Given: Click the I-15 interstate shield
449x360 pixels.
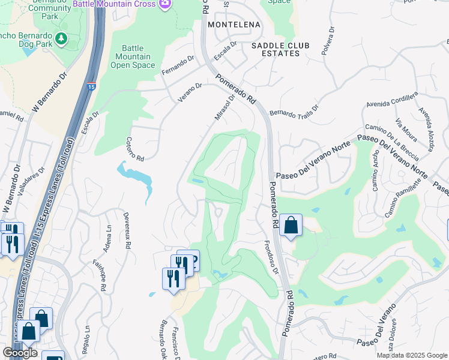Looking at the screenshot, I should pyautogui.click(x=91, y=86).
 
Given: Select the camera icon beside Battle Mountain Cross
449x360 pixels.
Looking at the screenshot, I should pyautogui.click(x=166, y=4).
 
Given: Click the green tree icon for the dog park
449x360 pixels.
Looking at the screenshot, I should pyautogui.click(x=60, y=38).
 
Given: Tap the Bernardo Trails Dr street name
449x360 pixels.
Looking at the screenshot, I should pyautogui.click(x=294, y=112).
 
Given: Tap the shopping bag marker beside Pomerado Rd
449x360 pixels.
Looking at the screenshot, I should pyautogui.click(x=291, y=226).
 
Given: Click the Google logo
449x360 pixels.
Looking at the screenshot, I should pyautogui.click(x=20, y=353).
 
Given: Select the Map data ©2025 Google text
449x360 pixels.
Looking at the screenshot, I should pyautogui.click(x=411, y=355).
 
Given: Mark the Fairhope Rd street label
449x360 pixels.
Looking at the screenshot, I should pyautogui.click(x=99, y=277).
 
